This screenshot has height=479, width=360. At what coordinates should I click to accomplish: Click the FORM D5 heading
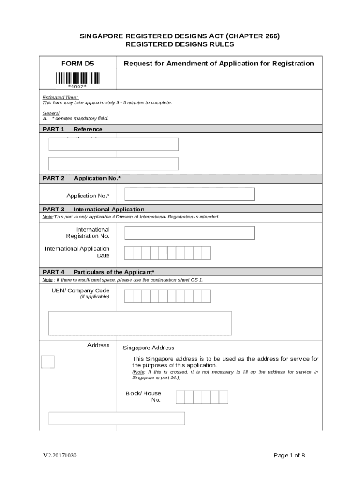tap(77, 64)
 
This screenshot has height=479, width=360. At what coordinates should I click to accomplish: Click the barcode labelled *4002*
tap(77, 78)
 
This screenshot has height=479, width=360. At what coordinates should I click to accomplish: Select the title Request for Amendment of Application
tap(219, 64)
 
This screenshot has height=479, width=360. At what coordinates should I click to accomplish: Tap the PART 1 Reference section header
tap(72, 129)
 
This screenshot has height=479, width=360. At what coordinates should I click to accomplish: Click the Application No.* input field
tap(189, 194)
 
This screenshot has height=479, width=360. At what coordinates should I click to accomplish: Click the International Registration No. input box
tap(189, 233)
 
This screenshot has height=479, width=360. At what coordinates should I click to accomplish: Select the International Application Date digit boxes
tap(167, 253)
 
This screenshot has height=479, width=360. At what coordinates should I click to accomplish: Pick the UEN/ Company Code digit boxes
tap(167, 296)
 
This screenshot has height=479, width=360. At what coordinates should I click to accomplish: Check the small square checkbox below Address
tap(48, 362)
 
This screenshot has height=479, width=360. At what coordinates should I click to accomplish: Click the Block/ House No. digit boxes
tap(202, 397)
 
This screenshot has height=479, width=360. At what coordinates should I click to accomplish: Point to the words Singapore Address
tap(149, 348)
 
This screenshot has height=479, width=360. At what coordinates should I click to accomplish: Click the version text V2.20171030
tap(60, 456)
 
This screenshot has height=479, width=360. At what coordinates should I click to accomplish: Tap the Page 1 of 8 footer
tap(289, 456)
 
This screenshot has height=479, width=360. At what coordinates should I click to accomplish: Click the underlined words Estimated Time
tap(60, 97)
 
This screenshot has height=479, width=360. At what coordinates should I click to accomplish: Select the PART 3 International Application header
tap(94, 209)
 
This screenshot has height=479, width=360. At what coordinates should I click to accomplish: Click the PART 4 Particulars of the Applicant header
tap(98, 272)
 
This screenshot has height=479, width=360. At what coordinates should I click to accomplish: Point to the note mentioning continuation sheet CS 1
tap(123, 280)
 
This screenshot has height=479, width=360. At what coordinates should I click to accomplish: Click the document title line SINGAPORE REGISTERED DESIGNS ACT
tap(180, 36)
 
